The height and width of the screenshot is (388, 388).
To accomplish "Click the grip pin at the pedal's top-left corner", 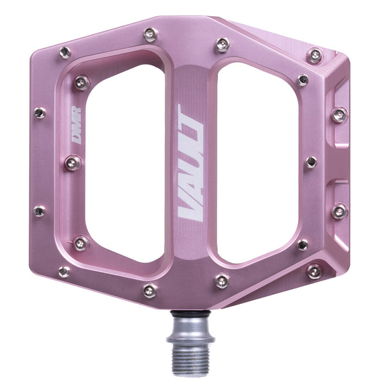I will click(65, 52).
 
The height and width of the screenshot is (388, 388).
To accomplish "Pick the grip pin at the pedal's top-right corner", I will click(315, 56).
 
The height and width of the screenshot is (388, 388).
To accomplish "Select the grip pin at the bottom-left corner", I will click(64, 272).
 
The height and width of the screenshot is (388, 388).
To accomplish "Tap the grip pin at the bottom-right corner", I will click(314, 272).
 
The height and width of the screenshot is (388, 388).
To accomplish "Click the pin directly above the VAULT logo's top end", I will click(222, 45).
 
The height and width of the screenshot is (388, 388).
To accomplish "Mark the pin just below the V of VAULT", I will click(222, 281).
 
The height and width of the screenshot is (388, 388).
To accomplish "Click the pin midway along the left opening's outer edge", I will click(72, 163).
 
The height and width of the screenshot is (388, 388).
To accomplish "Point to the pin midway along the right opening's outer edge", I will click(311, 162).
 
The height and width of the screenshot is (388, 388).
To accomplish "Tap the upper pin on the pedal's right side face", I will click(339, 116).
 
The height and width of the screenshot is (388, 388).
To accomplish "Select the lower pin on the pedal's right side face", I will click(339, 211).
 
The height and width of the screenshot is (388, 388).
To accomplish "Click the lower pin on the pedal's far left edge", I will click(39, 211).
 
